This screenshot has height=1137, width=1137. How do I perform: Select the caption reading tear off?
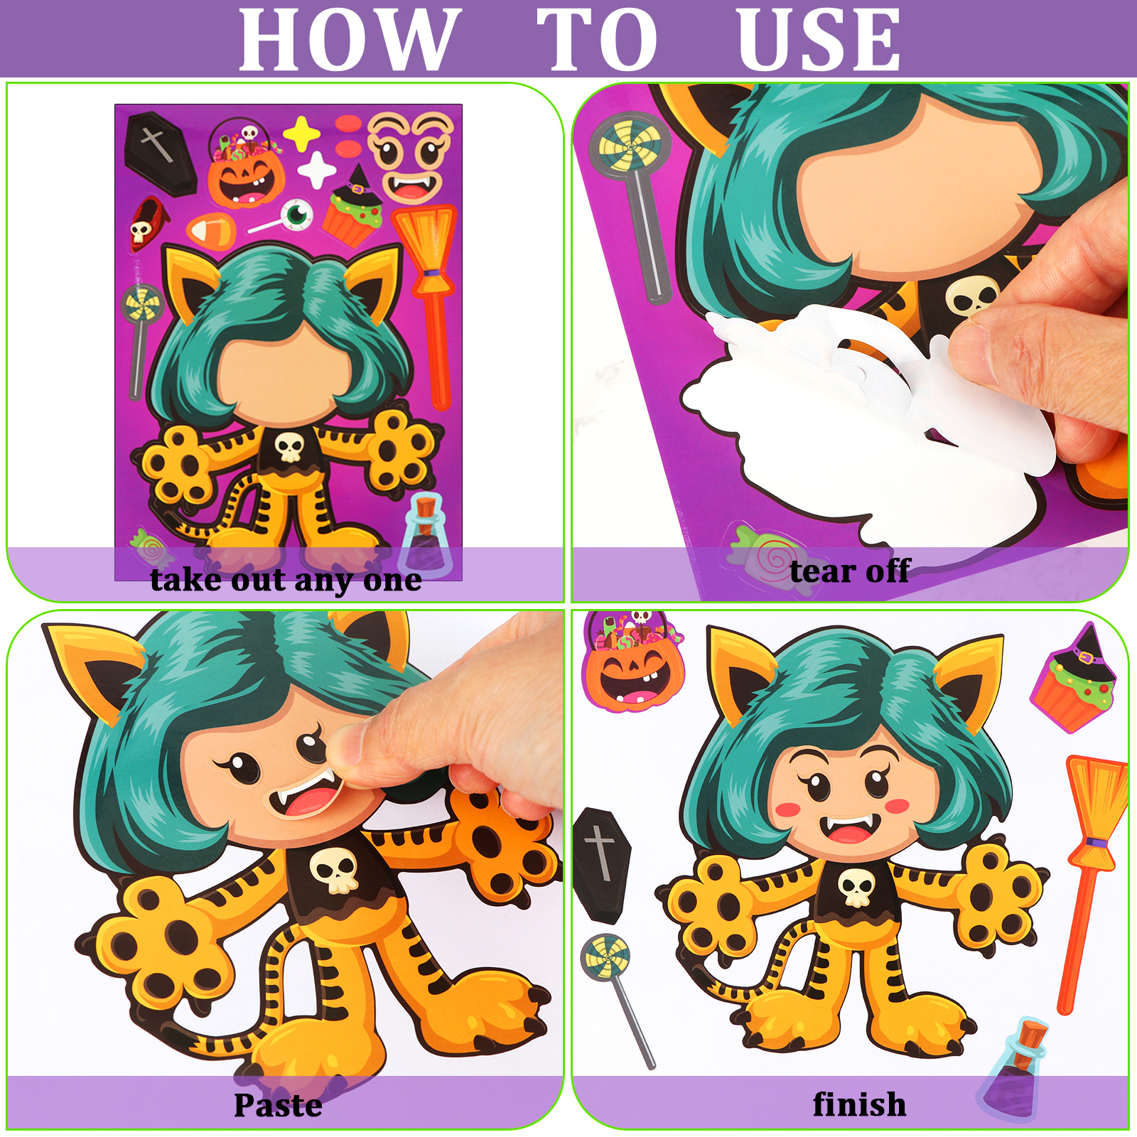(x=850, y=571)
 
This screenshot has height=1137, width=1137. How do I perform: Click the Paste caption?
(x=278, y=1106)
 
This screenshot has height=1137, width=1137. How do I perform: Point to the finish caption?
(x=859, y=1104)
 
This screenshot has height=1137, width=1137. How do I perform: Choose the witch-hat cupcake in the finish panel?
(x=1074, y=679)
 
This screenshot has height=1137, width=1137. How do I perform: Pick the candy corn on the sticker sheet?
(x=211, y=229)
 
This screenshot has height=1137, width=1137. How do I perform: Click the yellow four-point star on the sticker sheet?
(x=301, y=134)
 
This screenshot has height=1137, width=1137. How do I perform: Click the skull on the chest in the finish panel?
(x=856, y=888)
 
